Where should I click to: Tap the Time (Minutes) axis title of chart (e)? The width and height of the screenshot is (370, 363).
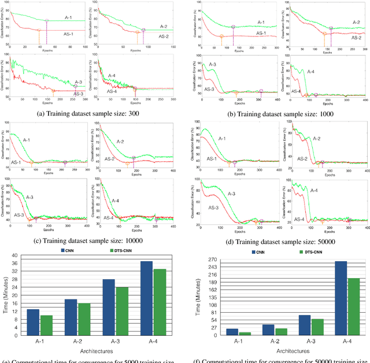[x=6, y=297]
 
